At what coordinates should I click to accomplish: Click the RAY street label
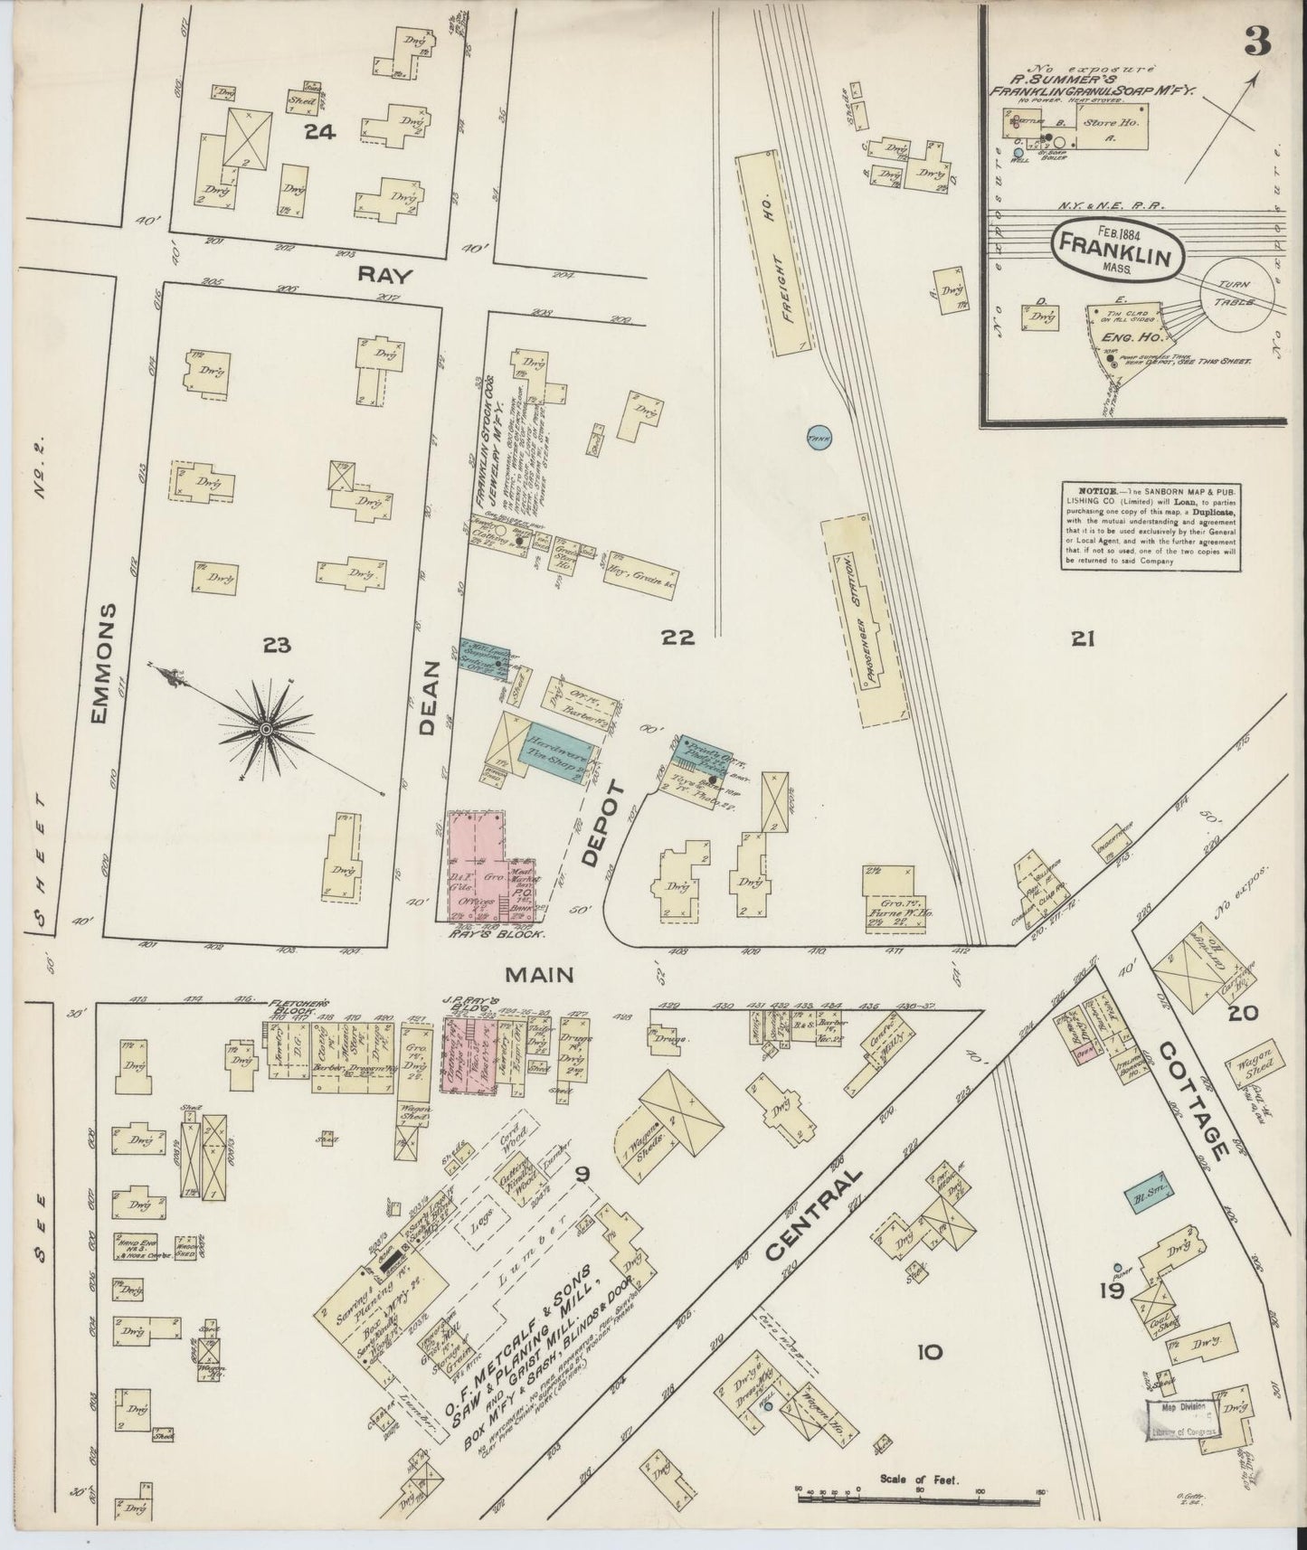(x=372, y=277)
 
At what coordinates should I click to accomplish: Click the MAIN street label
(x=541, y=975)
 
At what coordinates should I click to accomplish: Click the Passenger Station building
(x=869, y=619)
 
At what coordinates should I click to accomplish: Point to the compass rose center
(x=267, y=729)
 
